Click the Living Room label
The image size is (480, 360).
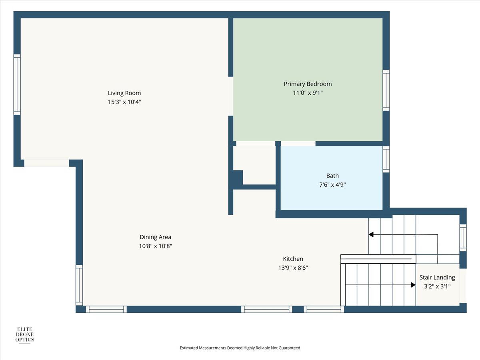124,93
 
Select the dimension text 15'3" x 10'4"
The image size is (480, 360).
124,102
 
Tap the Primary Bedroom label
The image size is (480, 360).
308,84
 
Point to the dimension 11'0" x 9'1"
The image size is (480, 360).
308,93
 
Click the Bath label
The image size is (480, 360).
332,176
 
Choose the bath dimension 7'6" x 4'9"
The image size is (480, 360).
332,185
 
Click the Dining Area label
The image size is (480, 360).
155,237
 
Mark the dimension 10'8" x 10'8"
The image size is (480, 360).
155,246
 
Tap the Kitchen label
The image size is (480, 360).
293,259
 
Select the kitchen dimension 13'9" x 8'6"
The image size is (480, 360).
293,268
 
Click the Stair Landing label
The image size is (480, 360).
437,278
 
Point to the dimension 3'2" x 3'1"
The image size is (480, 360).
437,286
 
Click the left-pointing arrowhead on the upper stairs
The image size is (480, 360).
371,234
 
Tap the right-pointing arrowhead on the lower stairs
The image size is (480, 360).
413,285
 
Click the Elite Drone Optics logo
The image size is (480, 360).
24,335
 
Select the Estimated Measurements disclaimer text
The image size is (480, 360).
240,348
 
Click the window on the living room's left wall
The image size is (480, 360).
17,84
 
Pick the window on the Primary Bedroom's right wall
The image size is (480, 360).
386,90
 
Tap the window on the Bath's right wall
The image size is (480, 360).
386,159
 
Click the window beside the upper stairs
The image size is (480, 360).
463,238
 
